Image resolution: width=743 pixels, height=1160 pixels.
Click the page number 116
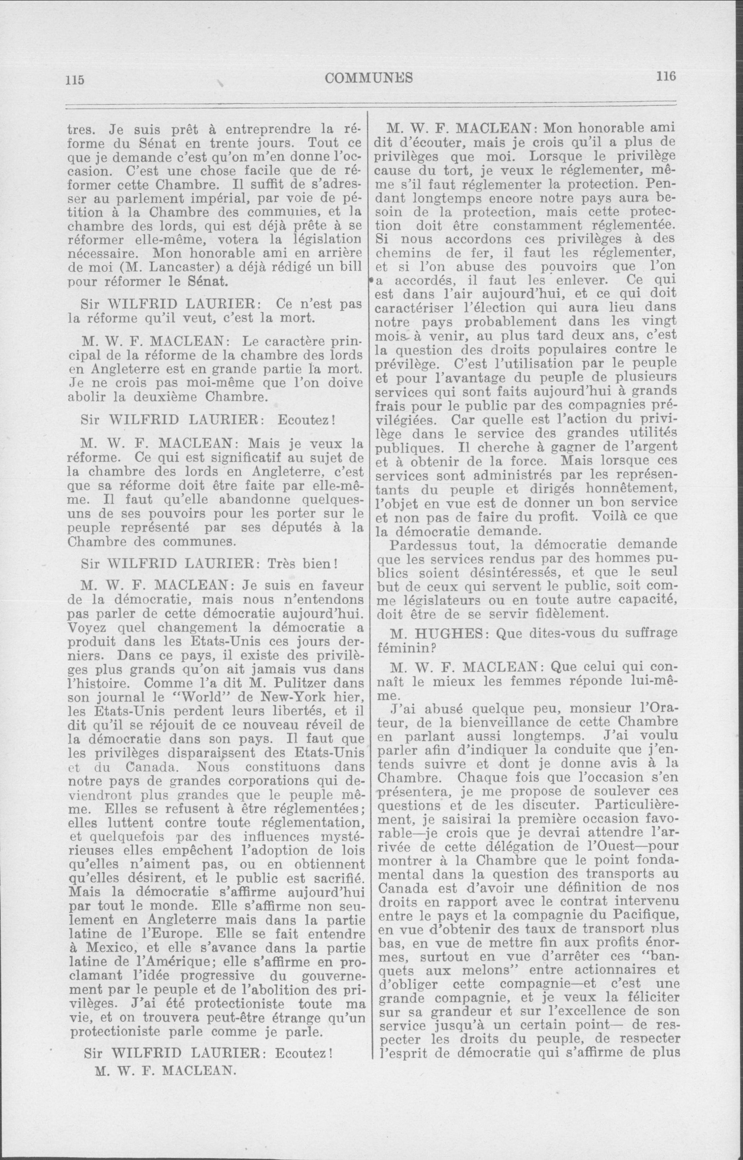point(666,76)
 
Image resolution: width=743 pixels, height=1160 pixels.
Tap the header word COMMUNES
point(369,78)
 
